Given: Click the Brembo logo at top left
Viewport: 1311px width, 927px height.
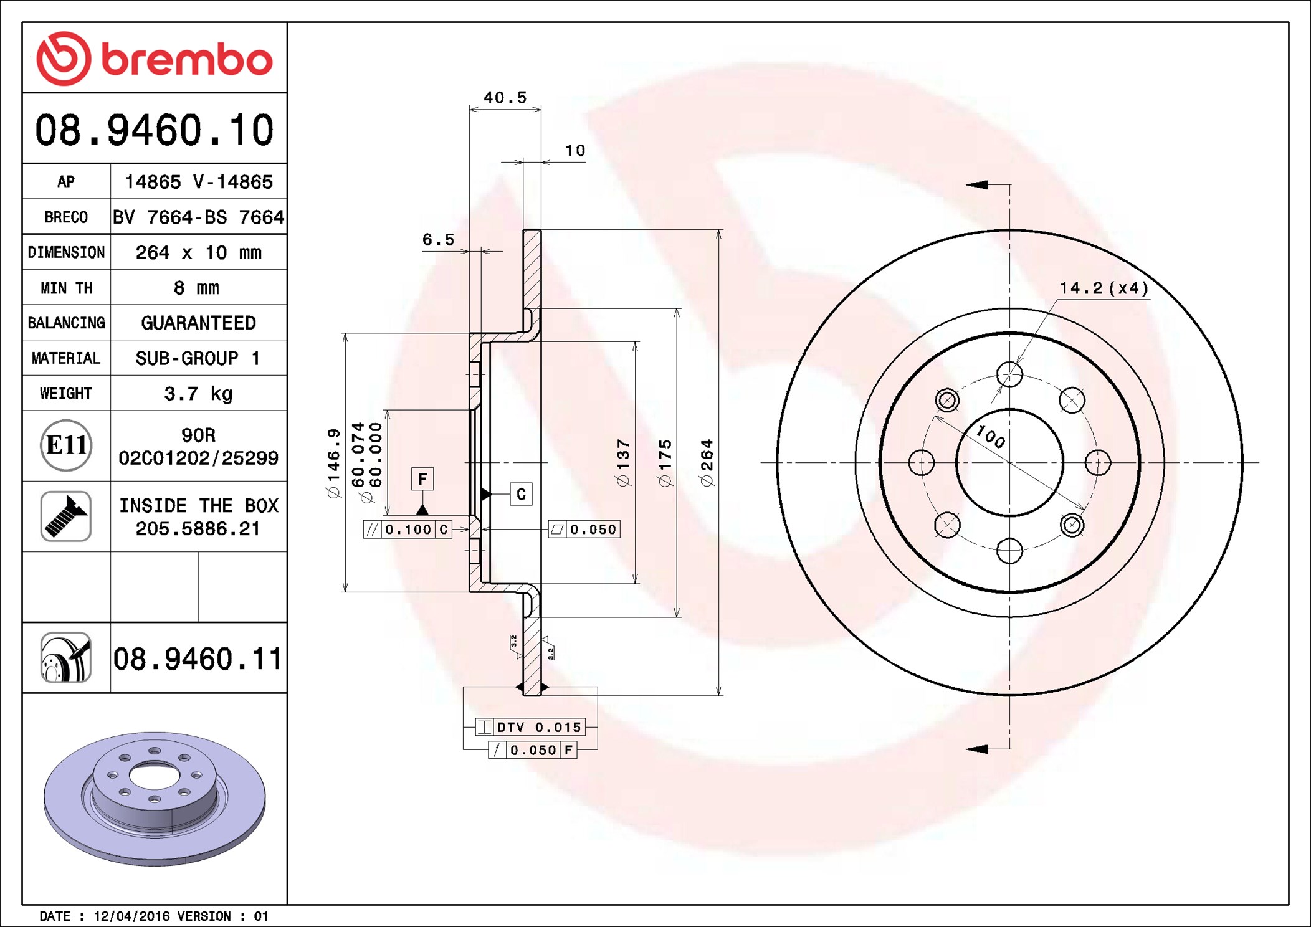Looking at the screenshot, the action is click(x=155, y=58).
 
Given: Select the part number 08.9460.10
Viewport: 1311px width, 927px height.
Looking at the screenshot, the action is click(x=155, y=130).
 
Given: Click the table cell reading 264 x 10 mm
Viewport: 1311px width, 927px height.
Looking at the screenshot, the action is click(x=198, y=252).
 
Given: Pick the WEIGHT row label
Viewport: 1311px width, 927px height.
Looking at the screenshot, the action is click(x=66, y=393).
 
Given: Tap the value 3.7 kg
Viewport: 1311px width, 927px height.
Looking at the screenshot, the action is click(x=198, y=394).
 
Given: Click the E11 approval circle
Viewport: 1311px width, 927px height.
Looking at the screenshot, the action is click(x=66, y=445).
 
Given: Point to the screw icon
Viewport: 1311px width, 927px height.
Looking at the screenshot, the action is click(x=66, y=516).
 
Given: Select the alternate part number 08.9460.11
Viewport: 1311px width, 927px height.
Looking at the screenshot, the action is click(x=198, y=658).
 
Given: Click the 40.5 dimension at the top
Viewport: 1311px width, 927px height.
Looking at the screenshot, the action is click(x=505, y=98).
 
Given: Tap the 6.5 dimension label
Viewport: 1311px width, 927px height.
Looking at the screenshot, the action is click(x=439, y=240).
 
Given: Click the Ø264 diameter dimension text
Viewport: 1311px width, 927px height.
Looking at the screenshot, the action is click(x=707, y=463).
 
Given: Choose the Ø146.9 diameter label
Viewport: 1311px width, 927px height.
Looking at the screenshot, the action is click(x=334, y=463).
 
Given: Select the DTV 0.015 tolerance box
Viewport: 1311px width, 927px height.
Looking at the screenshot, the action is click(x=530, y=727).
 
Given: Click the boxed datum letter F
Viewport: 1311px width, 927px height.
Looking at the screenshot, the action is click(x=422, y=479).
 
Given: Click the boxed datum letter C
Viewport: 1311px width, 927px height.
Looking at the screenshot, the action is click(x=521, y=494).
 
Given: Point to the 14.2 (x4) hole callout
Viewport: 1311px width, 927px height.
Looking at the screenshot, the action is click(x=1104, y=288).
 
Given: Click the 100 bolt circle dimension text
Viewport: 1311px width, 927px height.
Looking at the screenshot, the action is click(x=990, y=436).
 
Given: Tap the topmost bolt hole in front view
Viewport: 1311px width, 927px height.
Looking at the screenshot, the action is click(x=1009, y=374).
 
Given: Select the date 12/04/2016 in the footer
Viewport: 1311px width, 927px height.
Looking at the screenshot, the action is click(x=131, y=916).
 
